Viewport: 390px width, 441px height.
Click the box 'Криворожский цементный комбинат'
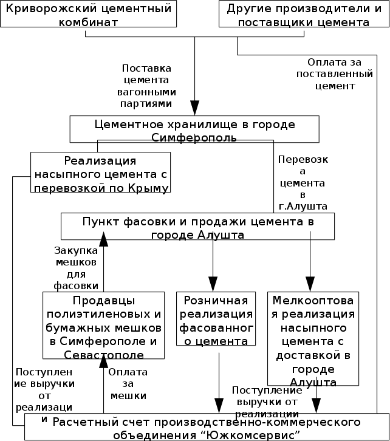click(x=89, y=15)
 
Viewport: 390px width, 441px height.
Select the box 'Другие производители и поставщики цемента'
click(x=298, y=15)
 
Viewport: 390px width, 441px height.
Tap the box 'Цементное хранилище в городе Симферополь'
click(x=194, y=129)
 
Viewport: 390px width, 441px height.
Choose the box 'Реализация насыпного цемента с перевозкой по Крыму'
click(x=100, y=173)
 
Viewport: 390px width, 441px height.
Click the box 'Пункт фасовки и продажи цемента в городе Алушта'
click(x=197, y=227)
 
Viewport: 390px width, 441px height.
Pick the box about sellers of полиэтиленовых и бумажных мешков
click(x=104, y=327)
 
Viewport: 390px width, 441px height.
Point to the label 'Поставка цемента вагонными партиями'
click(x=146, y=86)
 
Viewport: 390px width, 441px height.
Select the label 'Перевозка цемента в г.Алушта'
click(x=302, y=183)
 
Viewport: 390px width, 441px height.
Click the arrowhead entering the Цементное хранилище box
click(x=195, y=109)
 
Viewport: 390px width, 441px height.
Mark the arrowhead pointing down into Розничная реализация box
click(x=213, y=285)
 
